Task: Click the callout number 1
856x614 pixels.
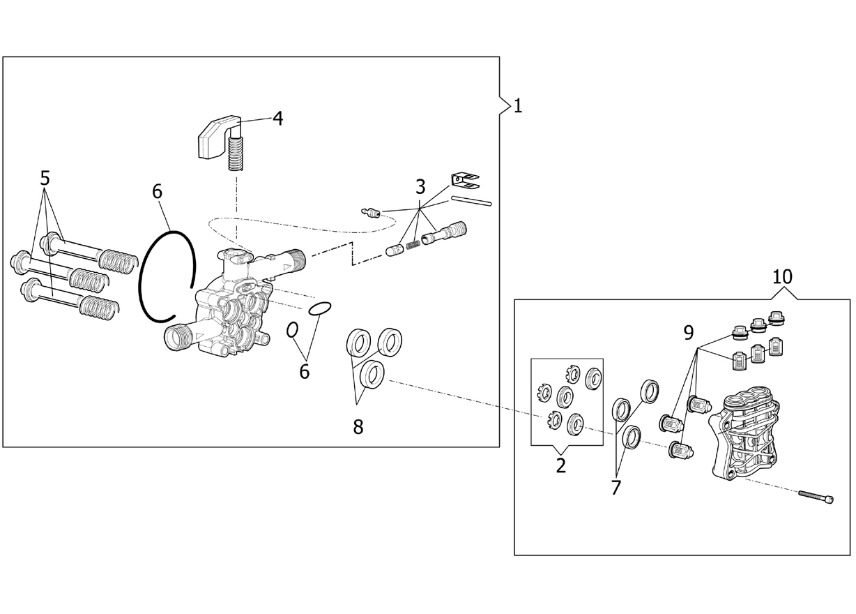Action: click(518, 106)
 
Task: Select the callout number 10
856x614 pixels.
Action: click(782, 276)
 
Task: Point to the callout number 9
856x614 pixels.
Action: click(688, 332)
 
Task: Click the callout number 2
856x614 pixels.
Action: click(560, 465)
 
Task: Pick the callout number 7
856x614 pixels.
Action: click(616, 488)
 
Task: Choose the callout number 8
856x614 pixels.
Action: click(358, 426)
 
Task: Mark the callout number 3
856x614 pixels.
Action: click(420, 187)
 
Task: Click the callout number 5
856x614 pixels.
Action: click(45, 178)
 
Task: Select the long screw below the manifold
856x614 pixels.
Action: click(816, 496)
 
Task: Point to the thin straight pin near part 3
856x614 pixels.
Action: click(471, 200)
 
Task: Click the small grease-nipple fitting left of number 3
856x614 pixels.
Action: click(370, 212)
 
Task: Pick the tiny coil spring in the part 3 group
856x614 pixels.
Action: click(413, 244)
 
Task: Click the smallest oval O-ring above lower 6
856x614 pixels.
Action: click(292, 330)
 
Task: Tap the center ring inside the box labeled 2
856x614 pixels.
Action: click(565, 396)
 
